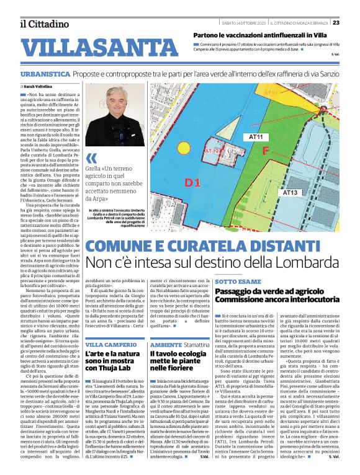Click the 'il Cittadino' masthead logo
43,24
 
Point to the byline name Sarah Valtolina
37,86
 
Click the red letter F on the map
266,151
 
